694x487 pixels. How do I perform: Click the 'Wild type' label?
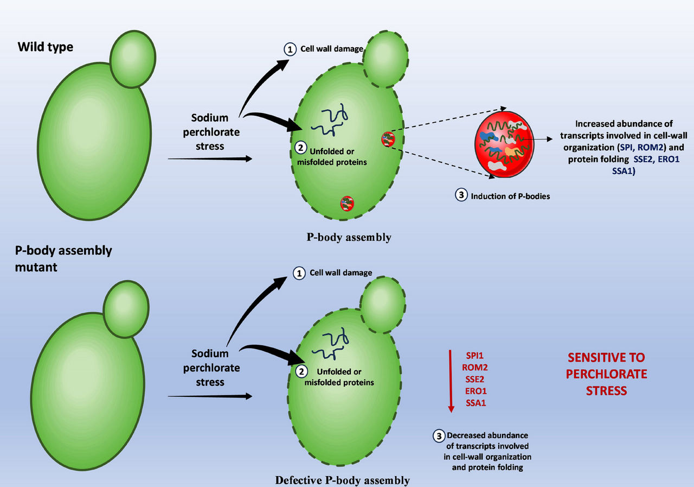pos(45,47)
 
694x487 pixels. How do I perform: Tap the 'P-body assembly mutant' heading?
pos(63,258)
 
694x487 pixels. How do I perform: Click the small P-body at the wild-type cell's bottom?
pos(347,204)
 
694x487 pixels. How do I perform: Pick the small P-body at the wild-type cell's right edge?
pos(388,139)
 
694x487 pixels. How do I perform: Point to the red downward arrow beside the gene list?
pos(451,381)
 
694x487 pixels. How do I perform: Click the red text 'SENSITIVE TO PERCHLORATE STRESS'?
pos(606,374)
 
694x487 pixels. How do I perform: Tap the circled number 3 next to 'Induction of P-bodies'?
pos(461,195)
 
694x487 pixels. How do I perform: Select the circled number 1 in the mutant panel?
pos(299,274)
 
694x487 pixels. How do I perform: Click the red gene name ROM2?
pos(474,368)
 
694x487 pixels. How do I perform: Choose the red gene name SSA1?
pos(475,403)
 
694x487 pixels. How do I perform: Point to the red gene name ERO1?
pos(475,391)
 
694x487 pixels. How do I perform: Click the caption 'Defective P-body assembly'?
pos(342,480)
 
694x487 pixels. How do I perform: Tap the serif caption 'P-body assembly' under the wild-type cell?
pos(349,237)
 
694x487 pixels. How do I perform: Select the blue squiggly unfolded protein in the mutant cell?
pos(330,344)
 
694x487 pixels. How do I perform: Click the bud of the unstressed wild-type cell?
pos(133,59)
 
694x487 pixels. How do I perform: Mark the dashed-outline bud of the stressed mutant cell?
pos(383,305)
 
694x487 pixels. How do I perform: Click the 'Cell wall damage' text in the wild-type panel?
pos(332,49)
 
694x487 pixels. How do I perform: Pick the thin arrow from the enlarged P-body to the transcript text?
pos(537,140)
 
